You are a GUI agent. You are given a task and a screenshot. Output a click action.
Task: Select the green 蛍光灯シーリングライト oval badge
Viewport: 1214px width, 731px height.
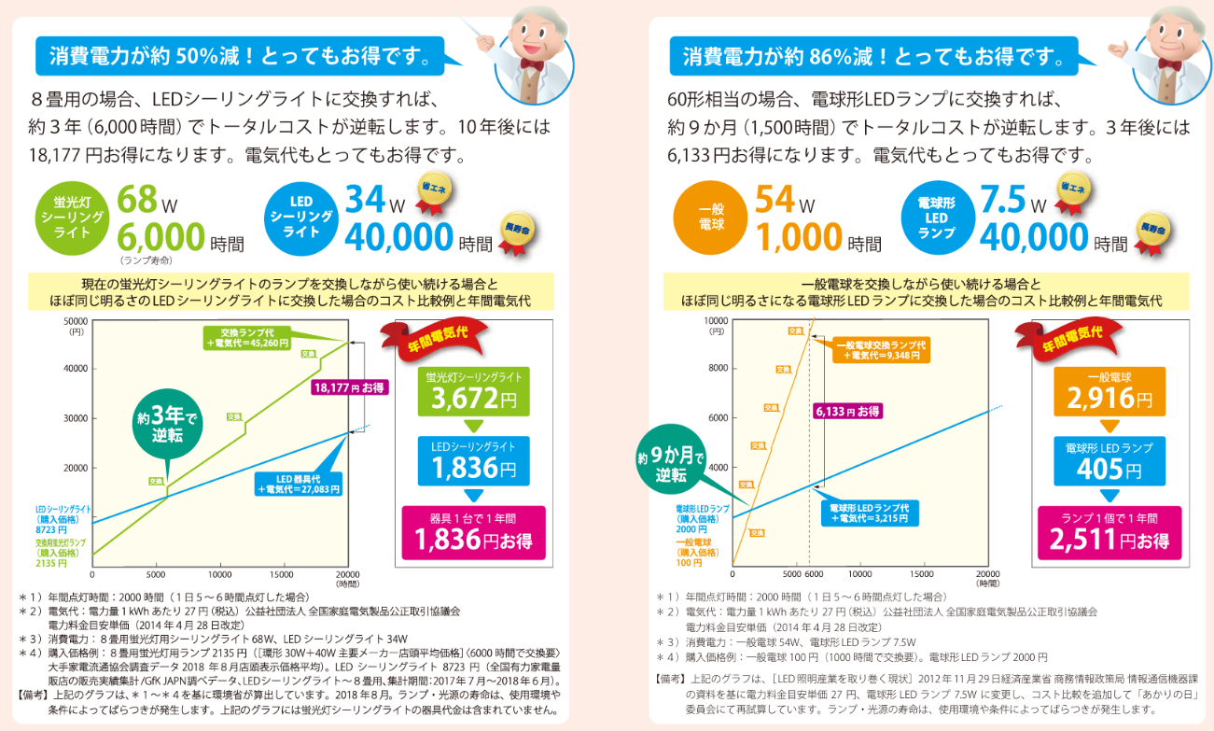73,216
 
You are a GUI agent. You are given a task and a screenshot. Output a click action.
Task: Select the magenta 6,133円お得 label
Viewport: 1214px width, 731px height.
847,411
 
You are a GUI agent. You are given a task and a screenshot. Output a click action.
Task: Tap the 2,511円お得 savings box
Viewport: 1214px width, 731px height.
1109,532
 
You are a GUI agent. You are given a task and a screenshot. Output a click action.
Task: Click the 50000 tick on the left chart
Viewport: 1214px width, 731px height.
75,320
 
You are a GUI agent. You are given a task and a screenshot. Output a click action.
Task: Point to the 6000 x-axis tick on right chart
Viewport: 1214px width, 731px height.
814,573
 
